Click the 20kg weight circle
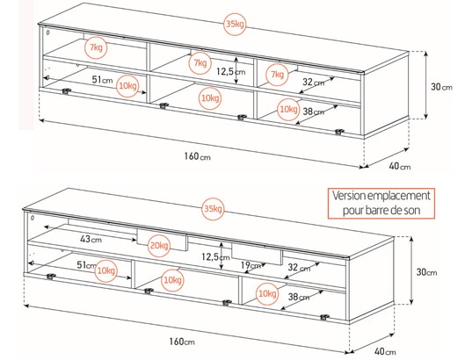[x=159, y=245]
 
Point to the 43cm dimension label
[x=91, y=239]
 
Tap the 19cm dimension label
[x=251, y=265]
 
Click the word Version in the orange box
[x=348, y=196]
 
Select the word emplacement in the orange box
[x=399, y=196]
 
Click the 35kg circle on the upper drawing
[x=235, y=24]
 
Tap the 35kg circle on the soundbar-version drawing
[x=213, y=209]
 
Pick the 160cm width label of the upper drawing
[x=197, y=156]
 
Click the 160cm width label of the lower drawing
[x=182, y=342]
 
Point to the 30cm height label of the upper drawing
[x=441, y=87]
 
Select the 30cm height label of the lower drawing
[x=426, y=272]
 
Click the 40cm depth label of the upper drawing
[x=400, y=166]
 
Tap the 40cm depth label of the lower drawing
[x=385, y=351]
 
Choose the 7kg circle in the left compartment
[x=96, y=47]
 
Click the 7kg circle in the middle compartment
[x=200, y=63]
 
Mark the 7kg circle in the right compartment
[x=277, y=74]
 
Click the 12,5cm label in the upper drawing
[x=231, y=72]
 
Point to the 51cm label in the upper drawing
[x=102, y=80]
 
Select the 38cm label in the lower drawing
[x=299, y=297]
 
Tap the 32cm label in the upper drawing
[x=314, y=82]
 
